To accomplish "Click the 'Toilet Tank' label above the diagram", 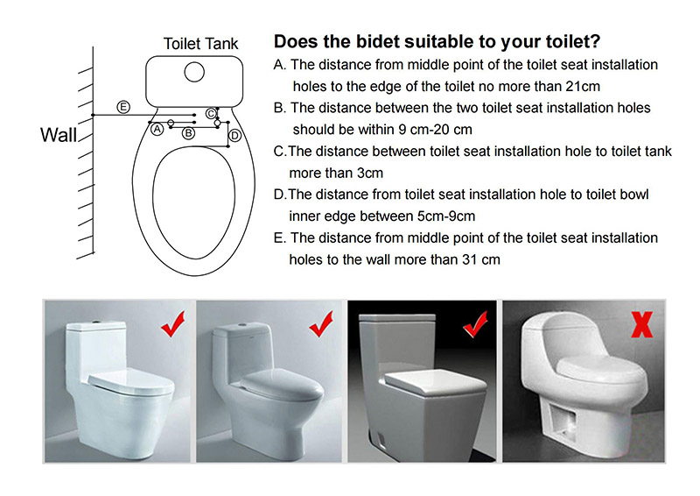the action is tap(200, 44).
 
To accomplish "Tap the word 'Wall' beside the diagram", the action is tap(59, 135).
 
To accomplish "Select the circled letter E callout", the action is tap(123, 107).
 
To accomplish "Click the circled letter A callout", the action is tap(157, 129).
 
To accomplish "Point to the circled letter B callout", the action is tap(188, 133).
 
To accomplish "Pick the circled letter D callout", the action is tap(234, 136).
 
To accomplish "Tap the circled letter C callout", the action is tap(211, 113).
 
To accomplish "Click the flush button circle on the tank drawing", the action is tap(194, 72).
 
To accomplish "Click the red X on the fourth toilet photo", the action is tap(642, 324).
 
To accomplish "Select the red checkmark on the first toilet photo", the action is tap(172, 324).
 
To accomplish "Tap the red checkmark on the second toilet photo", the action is tap(321, 324).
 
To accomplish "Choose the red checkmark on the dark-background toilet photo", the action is tap(475, 324).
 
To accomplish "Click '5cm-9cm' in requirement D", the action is tap(446, 216).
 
